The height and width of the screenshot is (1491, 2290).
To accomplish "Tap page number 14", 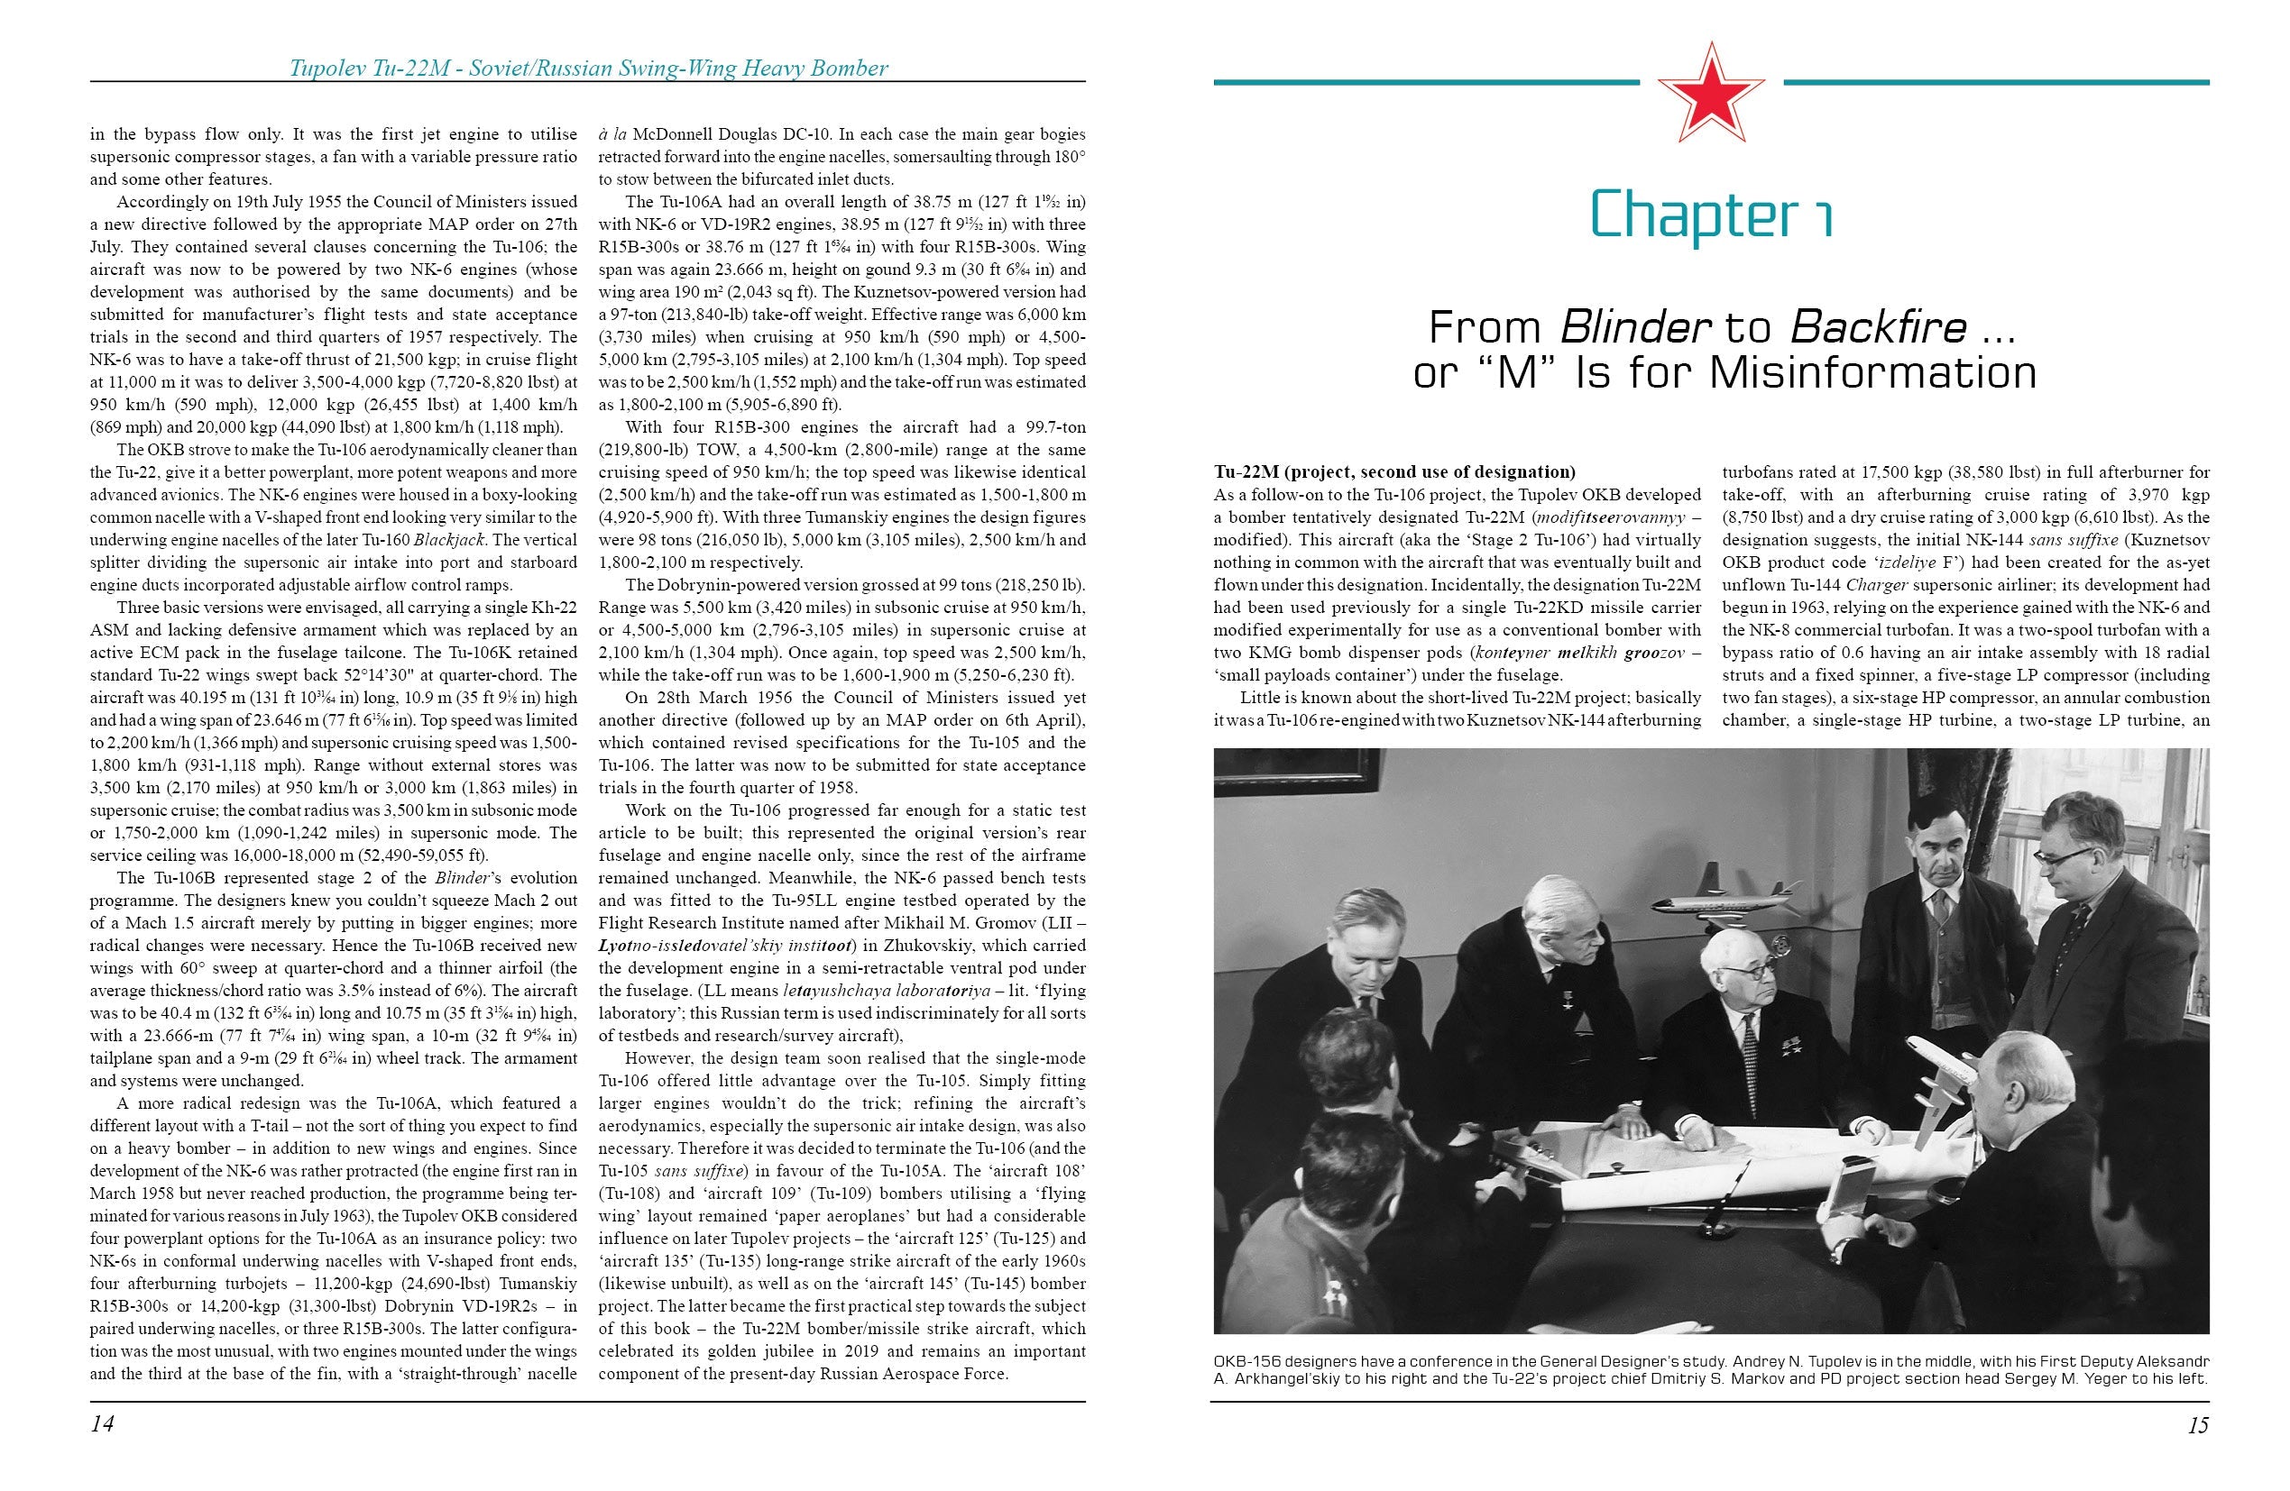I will point(102,1424).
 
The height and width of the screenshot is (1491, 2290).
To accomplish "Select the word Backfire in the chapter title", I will point(1877,329).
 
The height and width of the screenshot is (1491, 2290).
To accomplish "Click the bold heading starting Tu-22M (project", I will point(1394,472).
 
